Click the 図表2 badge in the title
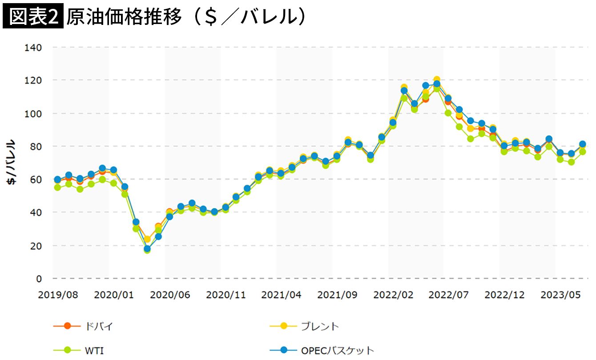tap(33, 16)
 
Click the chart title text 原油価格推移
tap(125, 16)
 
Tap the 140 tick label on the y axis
tap(34, 48)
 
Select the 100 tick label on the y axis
tap(34, 113)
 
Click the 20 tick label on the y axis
tap(36, 246)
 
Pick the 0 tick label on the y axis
tap(39, 279)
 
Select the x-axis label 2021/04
tap(281, 295)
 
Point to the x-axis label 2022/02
tap(393, 295)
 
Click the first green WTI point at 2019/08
tap(57, 187)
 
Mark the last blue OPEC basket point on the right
tap(582, 144)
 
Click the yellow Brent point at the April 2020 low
tap(147, 239)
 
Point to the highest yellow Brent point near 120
tap(437, 80)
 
